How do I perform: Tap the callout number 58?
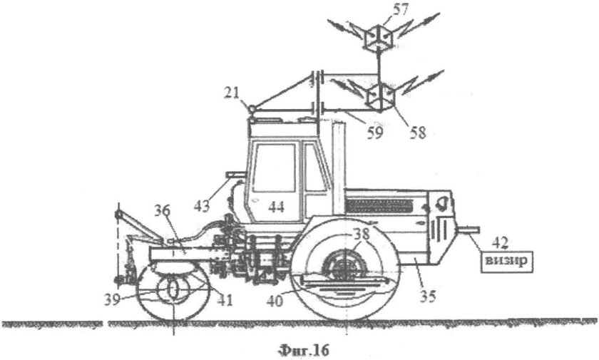(x=417, y=133)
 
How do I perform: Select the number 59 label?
(x=374, y=133)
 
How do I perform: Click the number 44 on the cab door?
(x=276, y=207)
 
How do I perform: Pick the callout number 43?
(x=202, y=206)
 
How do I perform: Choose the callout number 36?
(x=163, y=211)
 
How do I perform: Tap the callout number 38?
(x=362, y=235)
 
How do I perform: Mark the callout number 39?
(x=113, y=300)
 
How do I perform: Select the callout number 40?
(x=275, y=302)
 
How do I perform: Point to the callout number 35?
(x=427, y=297)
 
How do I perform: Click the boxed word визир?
(x=506, y=262)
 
